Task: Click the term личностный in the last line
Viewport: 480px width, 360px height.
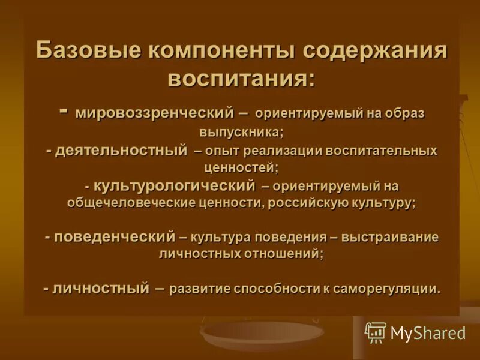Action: [101, 288]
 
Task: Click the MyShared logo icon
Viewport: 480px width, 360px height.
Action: [375, 332]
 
